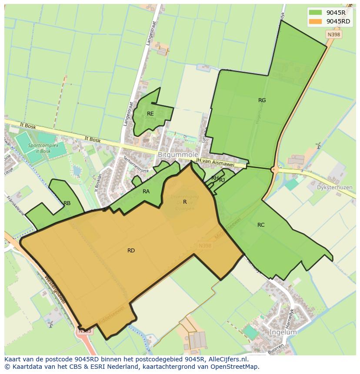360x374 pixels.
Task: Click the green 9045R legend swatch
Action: click(x=315, y=13)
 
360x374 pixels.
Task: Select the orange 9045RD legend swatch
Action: click(x=315, y=21)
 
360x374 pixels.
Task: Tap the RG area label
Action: click(x=262, y=100)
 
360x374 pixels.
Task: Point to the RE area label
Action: click(x=150, y=114)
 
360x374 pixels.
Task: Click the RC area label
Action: click(x=261, y=225)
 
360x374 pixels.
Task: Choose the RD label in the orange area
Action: click(x=131, y=251)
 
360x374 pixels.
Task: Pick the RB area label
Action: click(x=67, y=203)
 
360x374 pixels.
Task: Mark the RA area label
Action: click(x=146, y=192)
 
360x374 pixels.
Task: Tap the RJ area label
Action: click(x=222, y=180)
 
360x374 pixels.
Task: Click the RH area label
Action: click(x=215, y=178)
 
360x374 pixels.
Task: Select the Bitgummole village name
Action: click(x=178, y=155)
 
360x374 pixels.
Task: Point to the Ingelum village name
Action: click(x=283, y=332)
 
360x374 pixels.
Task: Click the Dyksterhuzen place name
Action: click(x=334, y=188)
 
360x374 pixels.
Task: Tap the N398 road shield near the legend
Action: click(x=334, y=34)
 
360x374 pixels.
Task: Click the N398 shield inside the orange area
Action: click(x=204, y=246)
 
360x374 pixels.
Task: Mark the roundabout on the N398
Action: click(x=275, y=169)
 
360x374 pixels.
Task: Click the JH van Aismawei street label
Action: click(x=215, y=162)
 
